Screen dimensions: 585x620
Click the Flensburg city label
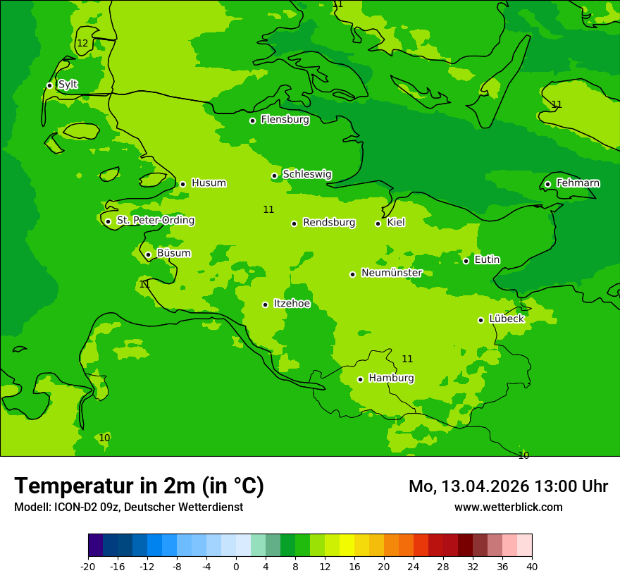pyautogui.click(x=285, y=120)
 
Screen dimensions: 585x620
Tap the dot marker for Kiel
pyautogui.click(x=378, y=223)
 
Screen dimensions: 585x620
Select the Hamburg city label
pyautogui.click(x=391, y=378)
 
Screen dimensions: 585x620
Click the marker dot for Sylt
pyautogui.click(x=49, y=85)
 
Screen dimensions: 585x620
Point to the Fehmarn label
pyautogui.click(x=578, y=183)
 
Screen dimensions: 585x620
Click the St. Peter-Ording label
pyautogui.click(x=155, y=221)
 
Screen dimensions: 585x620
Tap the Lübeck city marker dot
pyautogui.click(x=481, y=320)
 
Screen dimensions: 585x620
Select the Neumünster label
pyautogui.click(x=391, y=273)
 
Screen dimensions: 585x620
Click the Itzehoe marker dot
pyautogui.click(x=265, y=304)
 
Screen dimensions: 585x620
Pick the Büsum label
pyautogui.click(x=173, y=254)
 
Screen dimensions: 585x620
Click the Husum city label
pyautogui.click(x=209, y=183)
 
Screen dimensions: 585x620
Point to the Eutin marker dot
pyautogui.click(x=466, y=261)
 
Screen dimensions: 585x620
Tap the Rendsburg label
pyautogui.click(x=329, y=223)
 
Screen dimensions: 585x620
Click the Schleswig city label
pyautogui.click(x=306, y=175)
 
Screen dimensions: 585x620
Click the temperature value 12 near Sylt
pyautogui.click(x=82, y=44)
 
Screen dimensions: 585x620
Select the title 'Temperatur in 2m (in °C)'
pyautogui.click(x=139, y=486)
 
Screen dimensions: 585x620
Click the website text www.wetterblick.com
pyautogui.click(x=508, y=507)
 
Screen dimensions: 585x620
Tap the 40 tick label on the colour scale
pyautogui.click(x=532, y=567)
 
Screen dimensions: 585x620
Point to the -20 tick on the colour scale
pyautogui.click(x=88, y=567)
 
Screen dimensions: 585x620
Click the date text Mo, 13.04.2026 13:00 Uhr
pyautogui.click(x=508, y=486)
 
